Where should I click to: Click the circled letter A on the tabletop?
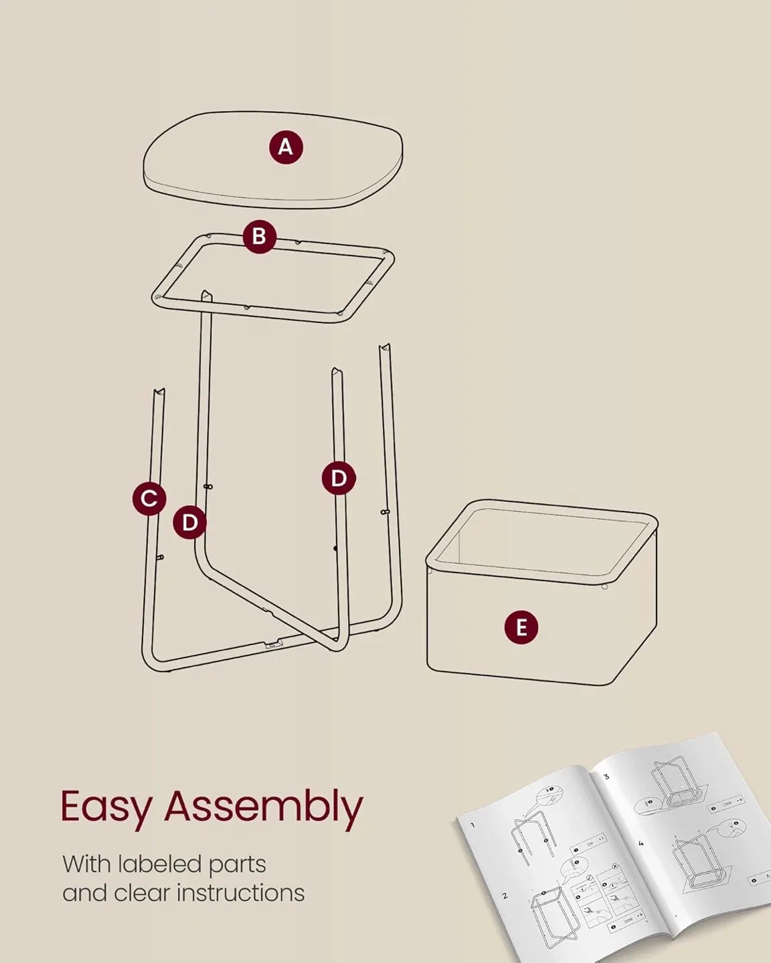pyautogui.click(x=286, y=147)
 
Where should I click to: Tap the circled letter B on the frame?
pyautogui.click(x=259, y=236)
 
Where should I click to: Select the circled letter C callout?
pyautogui.click(x=149, y=498)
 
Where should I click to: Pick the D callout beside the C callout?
pyautogui.click(x=189, y=522)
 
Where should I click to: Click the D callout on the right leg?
pyautogui.click(x=339, y=478)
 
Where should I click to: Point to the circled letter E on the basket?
pyautogui.click(x=521, y=627)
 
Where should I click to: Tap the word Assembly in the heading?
pyautogui.click(x=264, y=807)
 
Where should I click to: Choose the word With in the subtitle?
pyautogui.click(x=86, y=864)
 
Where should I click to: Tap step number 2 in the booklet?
pyautogui.click(x=505, y=895)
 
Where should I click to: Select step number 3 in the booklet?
pyautogui.click(x=606, y=776)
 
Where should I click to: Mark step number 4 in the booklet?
pyautogui.click(x=640, y=844)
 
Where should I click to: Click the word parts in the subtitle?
pyautogui.click(x=237, y=865)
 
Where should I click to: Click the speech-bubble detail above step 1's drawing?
pyautogui.click(x=549, y=794)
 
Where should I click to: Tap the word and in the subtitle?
pyautogui.click(x=84, y=893)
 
